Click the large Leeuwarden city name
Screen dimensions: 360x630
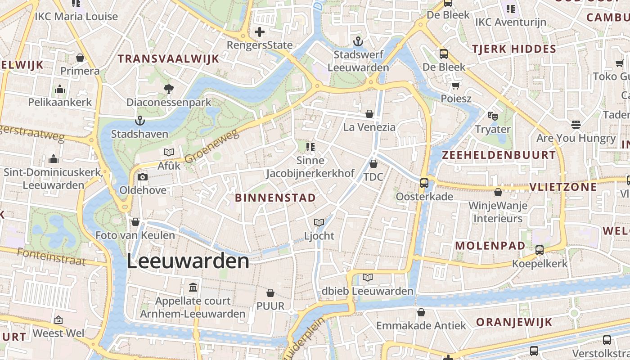pyautogui.click(x=188, y=261)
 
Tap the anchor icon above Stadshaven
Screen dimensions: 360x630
pyautogui.click(x=140, y=121)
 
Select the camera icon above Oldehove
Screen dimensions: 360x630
pyautogui.click(x=143, y=177)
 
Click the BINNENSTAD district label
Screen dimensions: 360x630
pyautogui.click(x=275, y=198)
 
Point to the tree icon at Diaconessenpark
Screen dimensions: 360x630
pyautogui.click(x=169, y=89)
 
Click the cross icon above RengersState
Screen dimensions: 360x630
pyautogui.click(x=260, y=32)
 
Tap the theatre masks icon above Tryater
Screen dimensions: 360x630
pyautogui.click(x=493, y=116)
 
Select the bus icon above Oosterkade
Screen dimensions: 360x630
pyautogui.click(x=424, y=183)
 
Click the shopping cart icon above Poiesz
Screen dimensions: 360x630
pyautogui.click(x=456, y=85)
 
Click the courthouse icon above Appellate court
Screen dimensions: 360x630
pyautogui.click(x=193, y=287)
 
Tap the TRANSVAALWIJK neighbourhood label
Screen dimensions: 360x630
pyautogui.click(x=168, y=58)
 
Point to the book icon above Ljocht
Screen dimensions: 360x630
pyautogui.click(x=319, y=222)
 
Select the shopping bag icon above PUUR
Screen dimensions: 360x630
pyautogui.click(x=270, y=293)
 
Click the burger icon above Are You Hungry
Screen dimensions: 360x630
pyautogui.click(x=576, y=124)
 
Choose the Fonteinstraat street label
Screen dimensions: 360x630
pyautogui.click(x=51, y=256)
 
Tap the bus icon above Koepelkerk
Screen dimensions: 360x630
pyautogui.click(x=540, y=250)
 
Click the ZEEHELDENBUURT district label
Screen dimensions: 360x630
pyautogui.click(x=499, y=155)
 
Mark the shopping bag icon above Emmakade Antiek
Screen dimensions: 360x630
pyautogui.click(x=421, y=312)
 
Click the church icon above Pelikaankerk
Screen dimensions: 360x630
pyautogui.click(x=60, y=89)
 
